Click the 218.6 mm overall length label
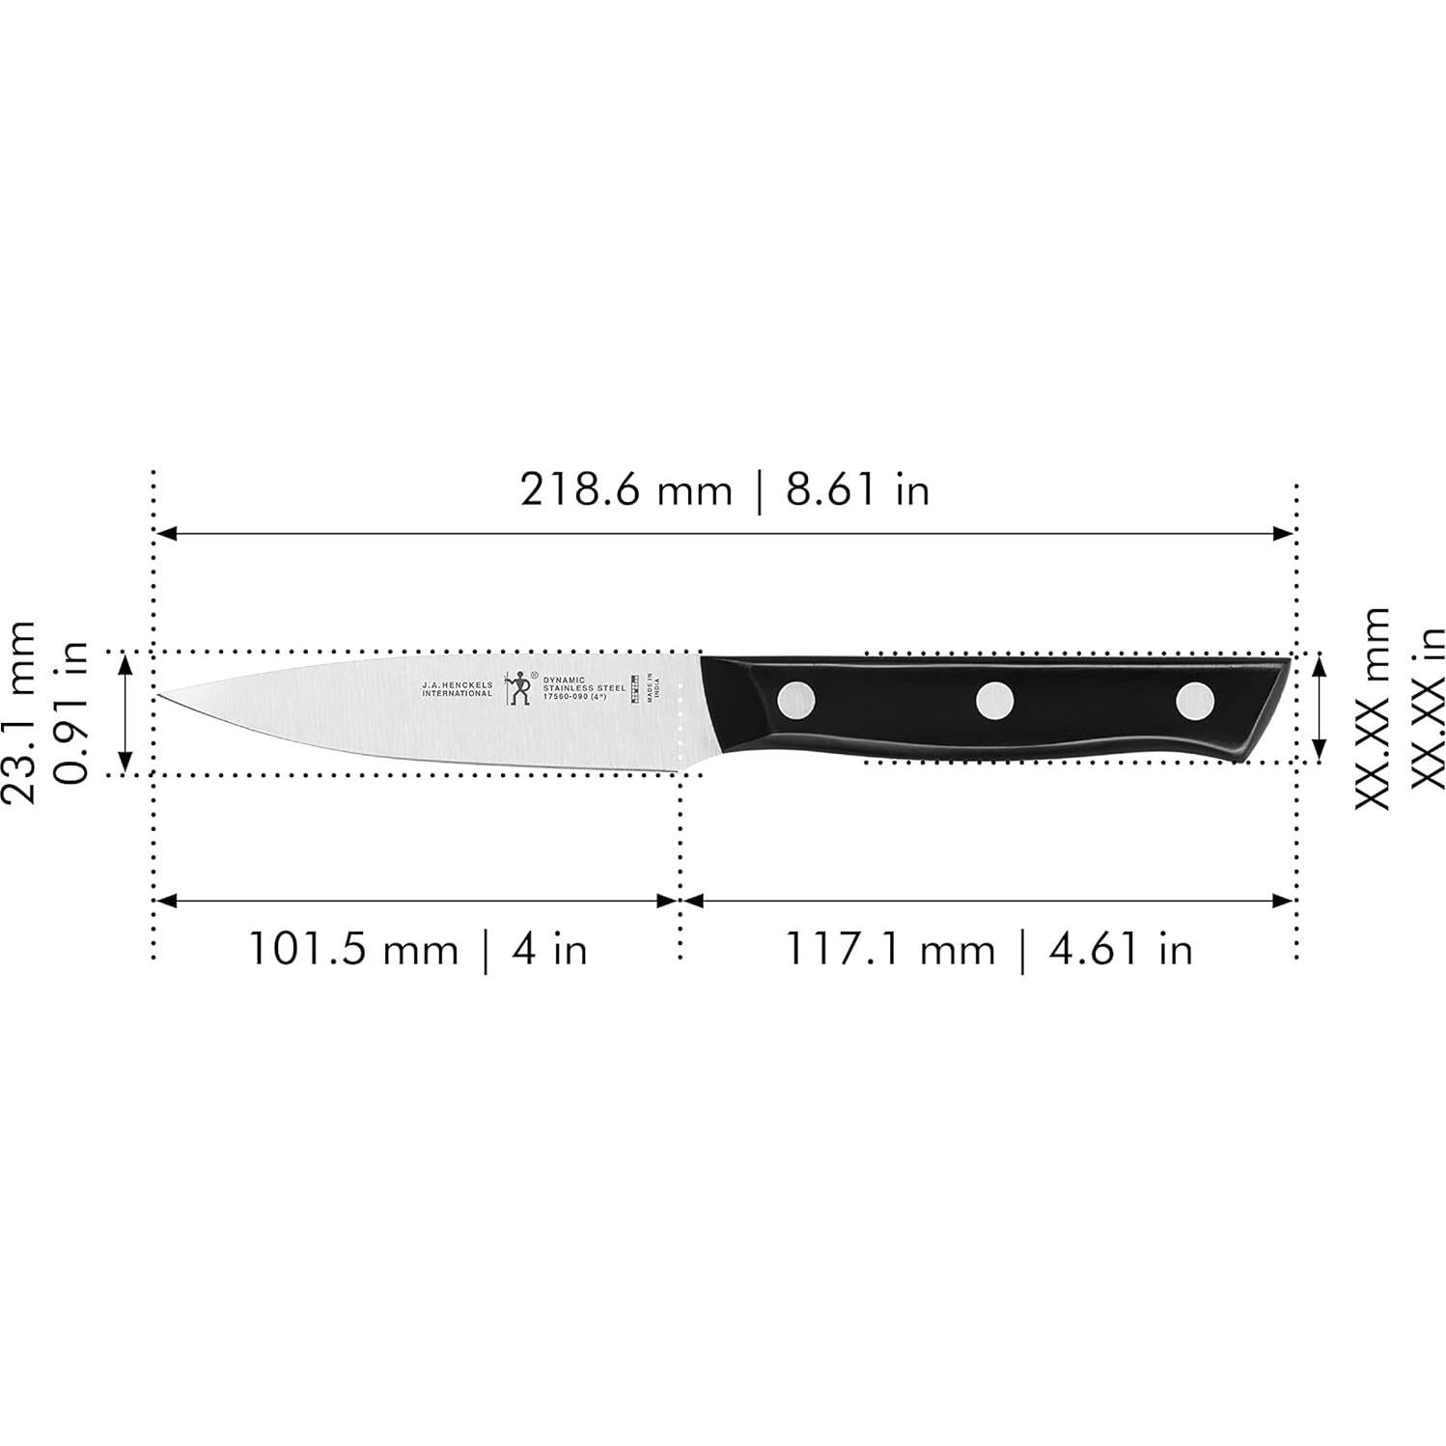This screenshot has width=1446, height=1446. (x=626, y=490)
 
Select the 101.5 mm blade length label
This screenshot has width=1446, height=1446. (x=353, y=949)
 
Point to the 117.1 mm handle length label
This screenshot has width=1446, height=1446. (x=889, y=949)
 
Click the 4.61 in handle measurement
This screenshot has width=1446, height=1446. (x=1120, y=949)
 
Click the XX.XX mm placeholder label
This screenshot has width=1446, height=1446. (x=1373, y=709)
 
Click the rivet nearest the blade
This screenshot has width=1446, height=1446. (x=796, y=699)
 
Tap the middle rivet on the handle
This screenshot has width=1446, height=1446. (x=994, y=700)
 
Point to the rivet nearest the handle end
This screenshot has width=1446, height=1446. (x=1195, y=700)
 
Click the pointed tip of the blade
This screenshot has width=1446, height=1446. (x=159, y=693)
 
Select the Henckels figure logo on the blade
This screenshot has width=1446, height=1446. (x=520, y=686)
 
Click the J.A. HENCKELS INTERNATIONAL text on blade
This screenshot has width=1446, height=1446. (x=457, y=689)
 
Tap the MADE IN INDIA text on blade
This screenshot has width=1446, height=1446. (x=653, y=686)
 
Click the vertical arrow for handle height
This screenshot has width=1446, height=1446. (x=1320, y=708)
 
